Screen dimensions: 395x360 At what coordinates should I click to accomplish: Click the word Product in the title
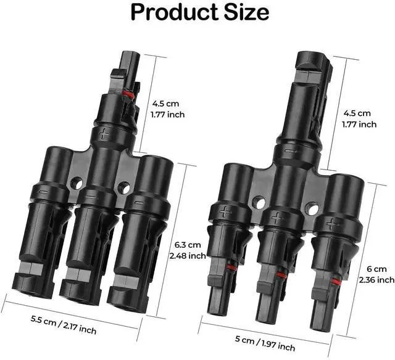pos(174,12)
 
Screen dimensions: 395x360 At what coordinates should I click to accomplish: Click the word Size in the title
pos(247,12)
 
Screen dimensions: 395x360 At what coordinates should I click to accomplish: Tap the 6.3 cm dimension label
pos(188,245)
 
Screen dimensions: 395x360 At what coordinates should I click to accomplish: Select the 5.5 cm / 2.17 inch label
pos(64,325)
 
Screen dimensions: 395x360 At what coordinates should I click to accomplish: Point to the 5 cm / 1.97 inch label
pos(265,343)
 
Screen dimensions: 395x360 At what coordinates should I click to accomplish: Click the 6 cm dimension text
pos(376,269)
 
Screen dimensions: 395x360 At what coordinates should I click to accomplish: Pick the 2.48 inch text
pos(188,256)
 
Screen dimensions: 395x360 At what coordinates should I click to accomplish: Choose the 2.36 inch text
pos(377,280)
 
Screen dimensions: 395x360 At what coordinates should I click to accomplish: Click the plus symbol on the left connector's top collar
pos(104,133)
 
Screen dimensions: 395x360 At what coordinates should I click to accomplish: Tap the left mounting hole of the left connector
pos(77,183)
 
